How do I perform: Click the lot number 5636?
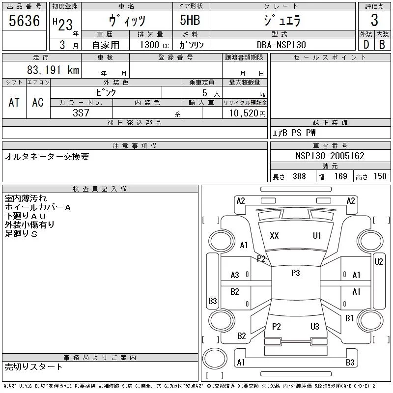(24, 21)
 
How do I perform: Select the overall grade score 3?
(374, 20)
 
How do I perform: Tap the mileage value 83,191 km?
(53, 70)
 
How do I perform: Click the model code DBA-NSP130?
(281, 45)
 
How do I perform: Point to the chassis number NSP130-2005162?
(330, 156)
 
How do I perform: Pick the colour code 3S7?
(81, 113)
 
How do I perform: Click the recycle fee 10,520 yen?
(247, 113)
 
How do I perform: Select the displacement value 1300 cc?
(154, 45)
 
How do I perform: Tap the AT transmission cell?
(14, 102)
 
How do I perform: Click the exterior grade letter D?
(366, 45)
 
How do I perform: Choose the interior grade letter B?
(382, 45)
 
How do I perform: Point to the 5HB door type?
(190, 20)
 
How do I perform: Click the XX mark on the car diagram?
(274, 236)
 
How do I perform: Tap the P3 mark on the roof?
(296, 273)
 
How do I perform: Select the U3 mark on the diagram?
(315, 326)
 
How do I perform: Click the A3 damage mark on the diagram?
(235, 275)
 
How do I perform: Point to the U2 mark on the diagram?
(378, 262)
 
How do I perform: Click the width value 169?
(340, 176)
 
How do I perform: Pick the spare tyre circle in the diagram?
(215, 359)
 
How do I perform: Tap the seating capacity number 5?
(205, 93)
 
